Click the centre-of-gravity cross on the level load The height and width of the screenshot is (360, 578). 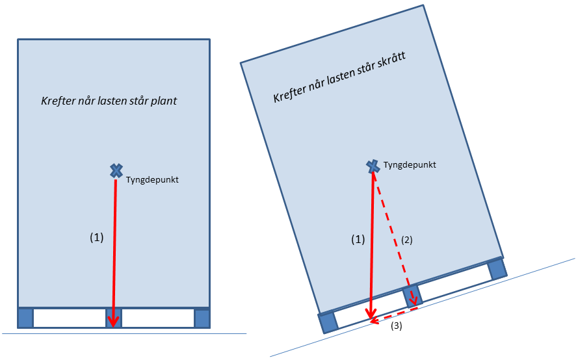tap(116, 171)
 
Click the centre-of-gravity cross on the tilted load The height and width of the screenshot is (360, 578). tap(373, 167)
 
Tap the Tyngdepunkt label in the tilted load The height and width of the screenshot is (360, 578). tap(410, 165)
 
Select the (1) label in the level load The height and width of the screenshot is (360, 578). tap(96, 238)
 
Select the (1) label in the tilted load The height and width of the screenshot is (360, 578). tap(358, 239)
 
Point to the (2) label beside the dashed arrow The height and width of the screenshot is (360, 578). tap(406, 239)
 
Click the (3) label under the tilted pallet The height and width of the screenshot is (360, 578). tap(396, 326)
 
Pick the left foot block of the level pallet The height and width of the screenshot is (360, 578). tap(25, 318)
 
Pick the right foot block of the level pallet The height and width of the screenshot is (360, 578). tap(202, 318)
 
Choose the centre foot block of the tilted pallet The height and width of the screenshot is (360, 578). tap(414, 294)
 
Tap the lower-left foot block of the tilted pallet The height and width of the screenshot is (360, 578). tap(328, 322)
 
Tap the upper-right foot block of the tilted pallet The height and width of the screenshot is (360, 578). tap(497, 268)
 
